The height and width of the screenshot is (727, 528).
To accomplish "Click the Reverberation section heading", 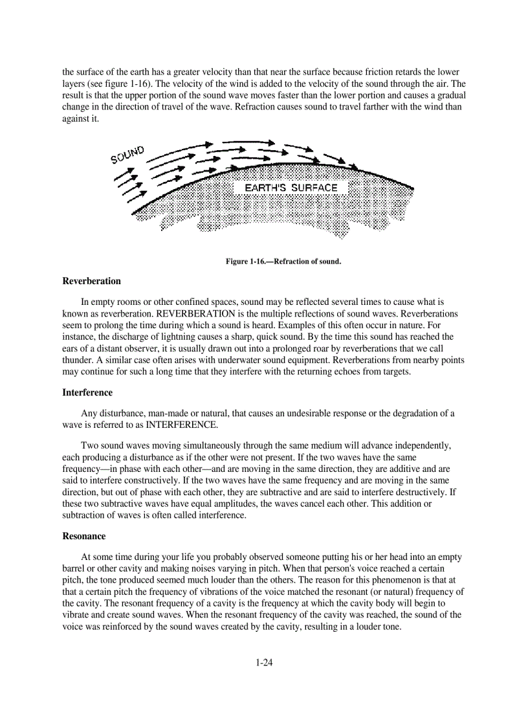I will click(91, 282).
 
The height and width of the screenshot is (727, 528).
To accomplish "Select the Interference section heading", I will click(87, 393).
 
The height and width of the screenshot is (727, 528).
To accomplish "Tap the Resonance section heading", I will click(84, 537).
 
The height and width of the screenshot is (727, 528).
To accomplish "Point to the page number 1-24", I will click(263, 662).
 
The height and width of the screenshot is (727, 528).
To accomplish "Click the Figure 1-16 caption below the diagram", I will click(283, 262).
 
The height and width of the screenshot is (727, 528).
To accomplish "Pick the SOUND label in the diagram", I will click(126, 155).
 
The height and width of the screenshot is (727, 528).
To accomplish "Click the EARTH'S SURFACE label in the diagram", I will click(291, 188).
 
